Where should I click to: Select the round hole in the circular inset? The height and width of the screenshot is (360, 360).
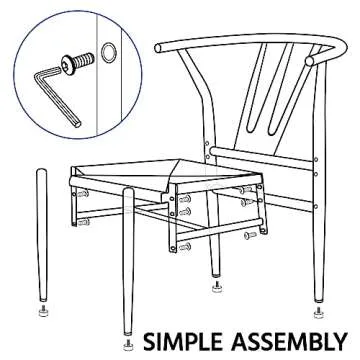pyautogui.click(x=109, y=53)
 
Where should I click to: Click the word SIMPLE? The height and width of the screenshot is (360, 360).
pyautogui.click(x=183, y=342)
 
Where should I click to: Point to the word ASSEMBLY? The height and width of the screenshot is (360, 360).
pyautogui.click(x=289, y=342)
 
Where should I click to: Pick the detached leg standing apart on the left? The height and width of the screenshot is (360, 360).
pyautogui.click(x=42, y=235)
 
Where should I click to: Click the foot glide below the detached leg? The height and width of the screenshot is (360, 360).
pyautogui.click(x=43, y=311)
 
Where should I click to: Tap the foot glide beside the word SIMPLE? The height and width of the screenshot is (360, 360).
pyautogui.click(x=129, y=345)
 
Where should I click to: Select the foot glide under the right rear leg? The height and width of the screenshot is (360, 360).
pyautogui.click(x=319, y=313)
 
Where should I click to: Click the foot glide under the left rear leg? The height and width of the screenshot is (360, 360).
pyautogui.click(x=217, y=287)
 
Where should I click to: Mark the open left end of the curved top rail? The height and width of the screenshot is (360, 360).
pyautogui.click(x=158, y=48)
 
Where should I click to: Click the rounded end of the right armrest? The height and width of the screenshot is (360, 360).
pyautogui.click(x=310, y=61)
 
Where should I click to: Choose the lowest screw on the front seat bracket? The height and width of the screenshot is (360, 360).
pyautogui.click(x=184, y=247)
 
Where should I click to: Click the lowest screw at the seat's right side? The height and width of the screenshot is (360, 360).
pyautogui.click(x=250, y=235)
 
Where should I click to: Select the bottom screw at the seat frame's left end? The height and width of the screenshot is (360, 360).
pyautogui.click(x=83, y=222)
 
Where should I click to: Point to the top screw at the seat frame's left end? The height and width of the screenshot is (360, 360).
pyautogui.click(x=83, y=193)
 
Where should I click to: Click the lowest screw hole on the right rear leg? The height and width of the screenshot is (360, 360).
pyautogui.click(x=316, y=207)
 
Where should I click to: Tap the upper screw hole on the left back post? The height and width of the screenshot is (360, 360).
pyautogui.click(x=207, y=144)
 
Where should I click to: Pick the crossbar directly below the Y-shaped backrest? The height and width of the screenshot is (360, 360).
pyautogui.click(x=262, y=158)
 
